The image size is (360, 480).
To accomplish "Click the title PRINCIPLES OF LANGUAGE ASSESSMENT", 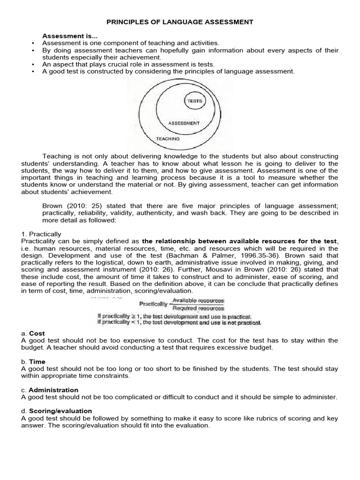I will (180, 22).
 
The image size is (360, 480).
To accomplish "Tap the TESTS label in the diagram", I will (195, 101).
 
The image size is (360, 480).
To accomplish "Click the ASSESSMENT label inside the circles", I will (184, 123).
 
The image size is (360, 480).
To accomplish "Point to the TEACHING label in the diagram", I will (167, 139).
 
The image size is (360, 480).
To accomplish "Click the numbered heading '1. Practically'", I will (41, 233).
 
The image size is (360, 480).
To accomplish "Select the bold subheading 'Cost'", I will (37, 333).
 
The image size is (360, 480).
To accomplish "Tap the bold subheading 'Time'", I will (37, 362).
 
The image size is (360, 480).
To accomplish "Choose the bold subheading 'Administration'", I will (53, 390).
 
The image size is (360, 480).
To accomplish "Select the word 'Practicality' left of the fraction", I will (152, 304).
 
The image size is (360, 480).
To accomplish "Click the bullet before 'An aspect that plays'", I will (32, 64).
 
